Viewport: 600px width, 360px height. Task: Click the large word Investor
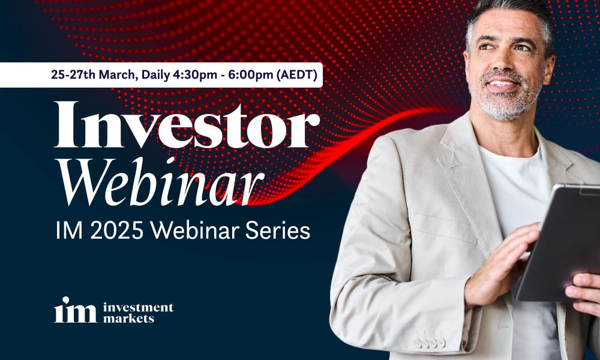(x=187, y=125)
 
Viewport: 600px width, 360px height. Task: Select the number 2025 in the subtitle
(x=116, y=230)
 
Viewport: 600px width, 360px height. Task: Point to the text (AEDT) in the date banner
(x=297, y=75)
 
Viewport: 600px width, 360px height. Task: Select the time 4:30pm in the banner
(x=195, y=76)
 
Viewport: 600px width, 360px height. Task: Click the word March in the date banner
(x=118, y=75)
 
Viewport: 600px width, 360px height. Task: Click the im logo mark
(x=76, y=310)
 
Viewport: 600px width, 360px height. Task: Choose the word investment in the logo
(x=138, y=307)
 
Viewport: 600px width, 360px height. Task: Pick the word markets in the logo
(x=128, y=318)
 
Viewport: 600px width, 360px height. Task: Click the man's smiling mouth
(x=502, y=84)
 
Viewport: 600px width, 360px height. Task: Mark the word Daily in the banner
(x=155, y=76)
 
